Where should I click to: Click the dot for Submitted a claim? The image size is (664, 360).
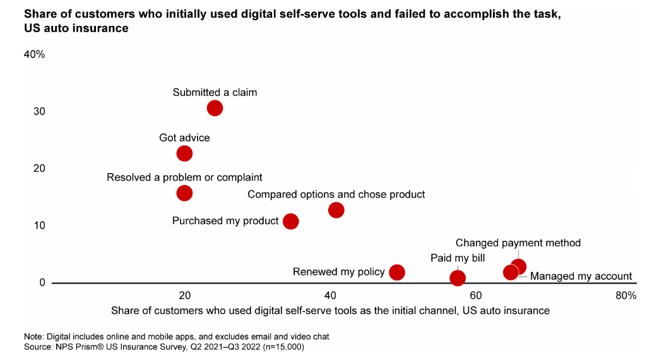click(215, 108)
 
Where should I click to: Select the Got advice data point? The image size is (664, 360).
click(184, 153)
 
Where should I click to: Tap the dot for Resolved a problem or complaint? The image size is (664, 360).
click(184, 193)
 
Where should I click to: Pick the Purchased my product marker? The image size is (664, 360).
click(290, 221)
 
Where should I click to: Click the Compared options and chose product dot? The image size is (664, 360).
click(336, 210)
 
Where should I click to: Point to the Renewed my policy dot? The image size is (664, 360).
click(397, 272)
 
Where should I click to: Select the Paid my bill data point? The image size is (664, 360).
click(458, 278)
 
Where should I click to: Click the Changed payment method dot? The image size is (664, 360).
click(519, 267)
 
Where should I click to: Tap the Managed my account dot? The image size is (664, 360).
click(511, 272)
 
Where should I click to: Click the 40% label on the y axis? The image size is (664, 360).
click(34, 54)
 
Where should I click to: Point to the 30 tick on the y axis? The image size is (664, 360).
click(39, 111)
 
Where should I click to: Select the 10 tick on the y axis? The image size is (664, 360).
click(39, 225)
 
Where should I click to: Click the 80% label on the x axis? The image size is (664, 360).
click(625, 296)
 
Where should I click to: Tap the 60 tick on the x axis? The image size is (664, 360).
click(476, 296)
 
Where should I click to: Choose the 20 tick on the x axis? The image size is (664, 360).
click(184, 296)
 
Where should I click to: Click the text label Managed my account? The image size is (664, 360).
click(581, 276)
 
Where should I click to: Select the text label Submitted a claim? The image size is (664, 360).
click(215, 92)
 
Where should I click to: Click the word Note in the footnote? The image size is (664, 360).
click(34, 336)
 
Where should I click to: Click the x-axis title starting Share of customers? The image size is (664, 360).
click(330, 311)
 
